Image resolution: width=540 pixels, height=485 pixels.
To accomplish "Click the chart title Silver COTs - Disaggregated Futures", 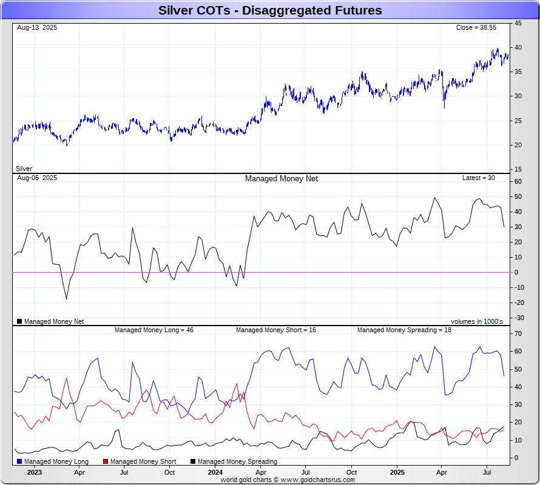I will click(x=270, y=10).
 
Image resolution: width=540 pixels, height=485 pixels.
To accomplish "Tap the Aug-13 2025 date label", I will click(x=37, y=28).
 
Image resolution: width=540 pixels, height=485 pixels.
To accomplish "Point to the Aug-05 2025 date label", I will click(x=37, y=178).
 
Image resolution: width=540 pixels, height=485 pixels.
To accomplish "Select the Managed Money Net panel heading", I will click(x=281, y=178).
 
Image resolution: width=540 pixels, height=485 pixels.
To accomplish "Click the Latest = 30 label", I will click(x=479, y=178).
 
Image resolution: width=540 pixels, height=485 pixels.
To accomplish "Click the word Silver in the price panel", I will click(x=24, y=169).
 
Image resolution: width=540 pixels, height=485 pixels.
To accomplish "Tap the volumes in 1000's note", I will click(x=476, y=321).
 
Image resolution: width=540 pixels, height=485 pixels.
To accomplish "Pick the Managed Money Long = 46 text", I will click(x=154, y=330).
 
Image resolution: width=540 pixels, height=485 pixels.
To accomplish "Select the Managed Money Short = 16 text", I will click(x=275, y=330).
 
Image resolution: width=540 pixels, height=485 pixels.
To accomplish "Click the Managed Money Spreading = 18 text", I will click(x=404, y=330).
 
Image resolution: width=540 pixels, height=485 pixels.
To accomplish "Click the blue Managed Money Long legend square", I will click(x=19, y=462).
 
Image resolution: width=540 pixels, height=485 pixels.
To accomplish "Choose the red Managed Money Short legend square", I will click(x=106, y=462).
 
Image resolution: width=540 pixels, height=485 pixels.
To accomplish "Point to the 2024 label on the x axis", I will click(x=215, y=472).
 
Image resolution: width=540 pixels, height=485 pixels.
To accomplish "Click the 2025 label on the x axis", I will click(x=397, y=472).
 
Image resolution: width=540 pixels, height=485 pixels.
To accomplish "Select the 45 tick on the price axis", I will click(x=519, y=23).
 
